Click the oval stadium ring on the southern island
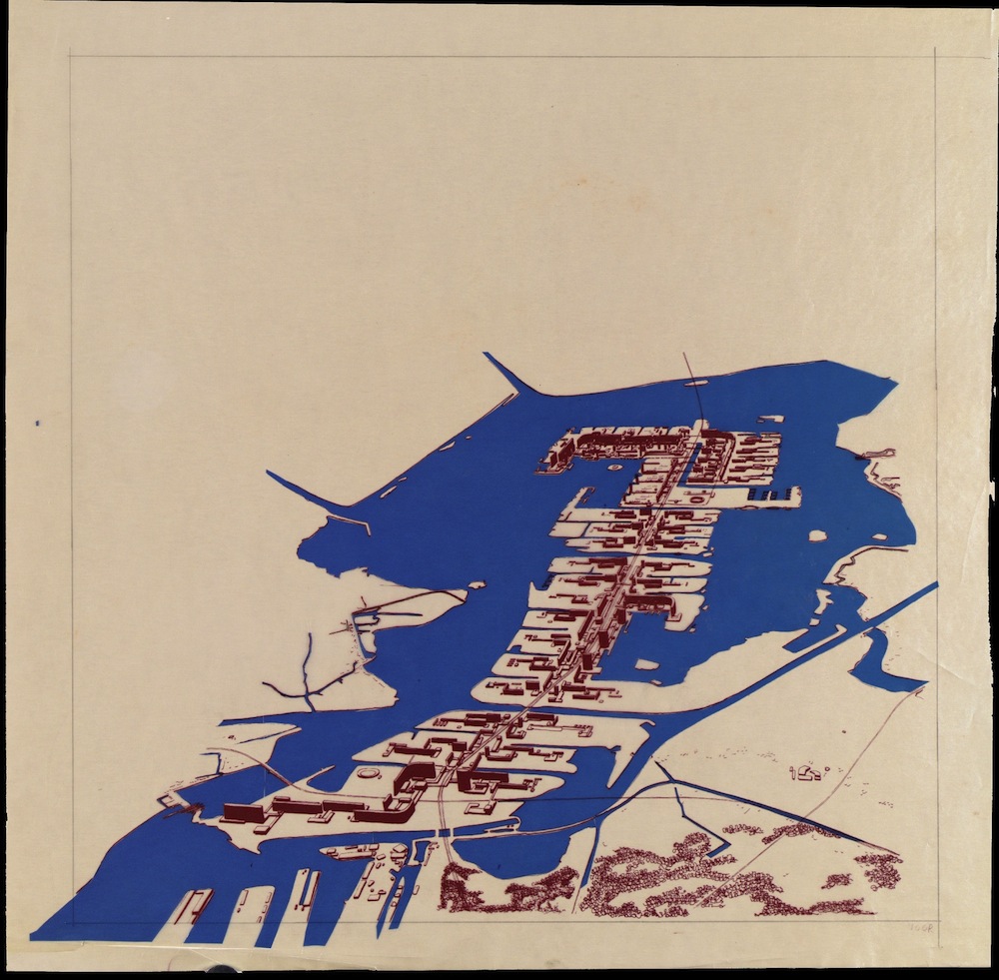(369, 774)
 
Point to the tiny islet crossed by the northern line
(695, 382)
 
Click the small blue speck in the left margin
(38, 424)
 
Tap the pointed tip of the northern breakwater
(487, 354)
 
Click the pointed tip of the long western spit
(268, 473)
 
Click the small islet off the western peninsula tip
(477, 585)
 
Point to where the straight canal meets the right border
(935, 585)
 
